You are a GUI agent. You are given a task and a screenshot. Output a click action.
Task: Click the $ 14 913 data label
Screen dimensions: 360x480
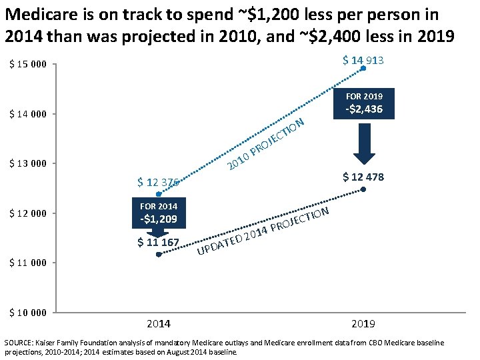[x=363, y=61]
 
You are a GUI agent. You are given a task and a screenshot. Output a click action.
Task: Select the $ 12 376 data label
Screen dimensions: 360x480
[x=158, y=182]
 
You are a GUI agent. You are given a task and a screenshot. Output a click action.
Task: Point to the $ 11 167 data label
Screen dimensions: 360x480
[x=158, y=242]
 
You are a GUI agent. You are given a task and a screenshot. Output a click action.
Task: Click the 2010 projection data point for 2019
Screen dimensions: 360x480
[x=363, y=69]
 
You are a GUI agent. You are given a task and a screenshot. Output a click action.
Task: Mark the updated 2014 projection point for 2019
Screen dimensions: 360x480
[x=363, y=189]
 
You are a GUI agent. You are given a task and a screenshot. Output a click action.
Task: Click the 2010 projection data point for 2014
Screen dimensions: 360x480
[x=158, y=194]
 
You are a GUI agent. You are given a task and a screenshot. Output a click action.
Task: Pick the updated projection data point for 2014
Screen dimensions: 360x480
[x=158, y=254]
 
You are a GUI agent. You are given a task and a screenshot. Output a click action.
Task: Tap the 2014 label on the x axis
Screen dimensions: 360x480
[x=158, y=324]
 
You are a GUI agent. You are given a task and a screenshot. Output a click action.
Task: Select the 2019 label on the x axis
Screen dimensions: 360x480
[x=363, y=324]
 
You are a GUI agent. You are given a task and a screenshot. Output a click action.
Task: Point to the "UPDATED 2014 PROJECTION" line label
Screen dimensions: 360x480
[x=264, y=232]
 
